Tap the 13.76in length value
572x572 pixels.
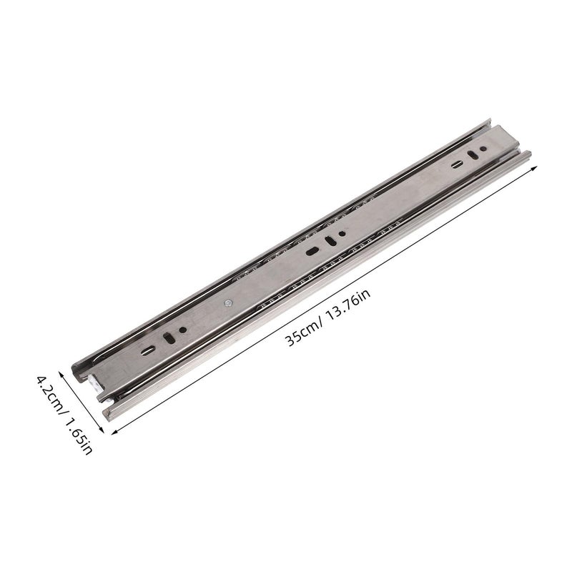click(x=347, y=305)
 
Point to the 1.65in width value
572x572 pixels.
click(x=79, y=436)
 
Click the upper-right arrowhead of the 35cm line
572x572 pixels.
click(x=534, y=167)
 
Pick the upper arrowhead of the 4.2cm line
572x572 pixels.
click(x=61, y=374)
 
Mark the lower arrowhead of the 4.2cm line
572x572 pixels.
click(x=102, y=430)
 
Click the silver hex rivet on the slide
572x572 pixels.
click(x=228, y=302)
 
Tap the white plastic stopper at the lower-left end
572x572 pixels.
click(x=94, y=383)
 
